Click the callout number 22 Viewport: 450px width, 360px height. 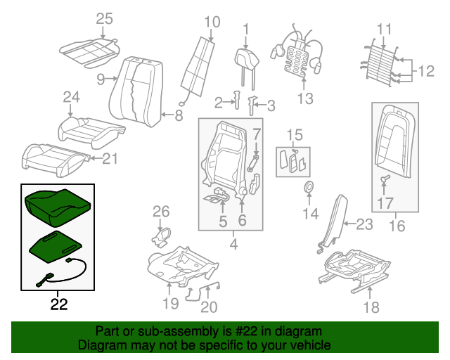click(60, 304)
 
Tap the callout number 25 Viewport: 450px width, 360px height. click(104, 19)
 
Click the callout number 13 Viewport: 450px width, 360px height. click(304, 99)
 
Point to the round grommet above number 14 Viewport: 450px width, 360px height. click(308, 187)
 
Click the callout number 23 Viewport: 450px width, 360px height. click(364, 225)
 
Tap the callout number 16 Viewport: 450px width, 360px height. click(397, 226)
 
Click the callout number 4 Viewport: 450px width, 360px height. click(233, 244)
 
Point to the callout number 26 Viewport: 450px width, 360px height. click(162, 210)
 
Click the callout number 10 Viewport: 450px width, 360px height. click(212, 22)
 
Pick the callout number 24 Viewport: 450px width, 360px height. click(72, 96)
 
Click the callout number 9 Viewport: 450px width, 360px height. click(101, 78)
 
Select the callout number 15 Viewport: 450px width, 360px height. click(294, 134)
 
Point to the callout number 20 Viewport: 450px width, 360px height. click(208, 307)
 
